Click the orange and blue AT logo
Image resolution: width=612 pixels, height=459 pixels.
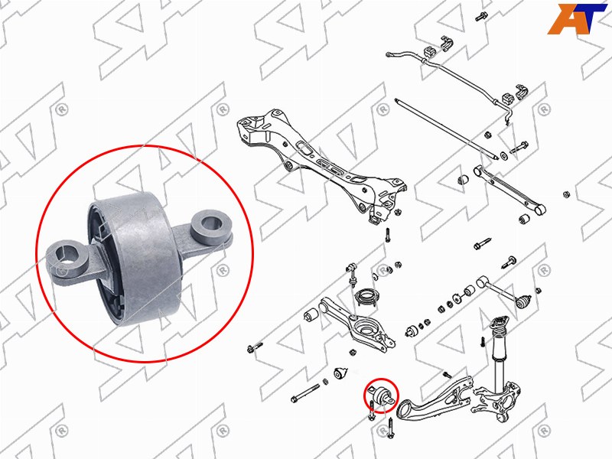pyautogui.click(x=577, y=18)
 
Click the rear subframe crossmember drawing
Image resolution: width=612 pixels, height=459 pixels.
pyautogui.click(x=320, y=164)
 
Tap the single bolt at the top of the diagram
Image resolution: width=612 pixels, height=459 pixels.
pyautogui.click(x=480, y=17)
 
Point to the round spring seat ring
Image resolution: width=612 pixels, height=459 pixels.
pyautogui.click(x=366, y=298)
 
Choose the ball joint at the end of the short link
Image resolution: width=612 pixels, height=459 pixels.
pyautogui.click(x=523, y=301)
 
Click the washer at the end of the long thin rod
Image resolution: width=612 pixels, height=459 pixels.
pyautogui.click(x=504, y=156)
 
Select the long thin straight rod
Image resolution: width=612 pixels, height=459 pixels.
pyautogui.click(x=446, y=129)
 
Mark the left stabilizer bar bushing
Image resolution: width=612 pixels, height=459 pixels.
pyautogui.click(x=428, y=52)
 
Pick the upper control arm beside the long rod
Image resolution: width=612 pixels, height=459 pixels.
pyautogui.click(x=509, y=190)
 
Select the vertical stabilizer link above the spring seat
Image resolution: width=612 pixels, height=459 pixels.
pyautogui.click(x=351, y=275)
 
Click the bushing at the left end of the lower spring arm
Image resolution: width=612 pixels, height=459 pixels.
pyautogui.click(x=311, y=315)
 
